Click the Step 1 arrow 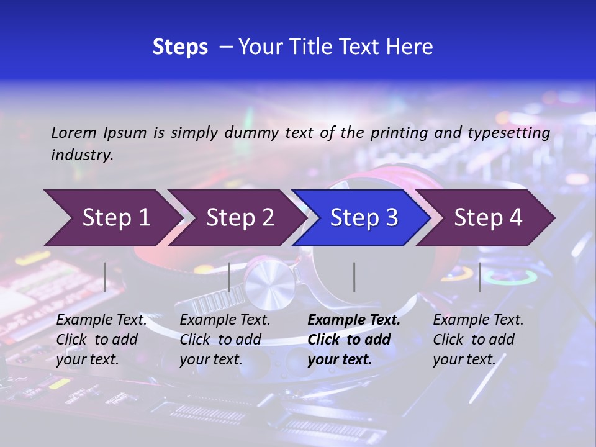click(x=112, y=218)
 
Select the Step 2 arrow click(x=236, y=218)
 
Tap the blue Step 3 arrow click(x=361, y=218)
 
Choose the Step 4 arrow click(x=485, y=218)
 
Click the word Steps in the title click(x=180, y=47)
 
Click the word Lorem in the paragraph click(x=73, y=132)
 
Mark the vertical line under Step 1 click(x=105, y=277)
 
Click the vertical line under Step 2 click(x=229, y=277)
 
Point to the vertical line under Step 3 click(x=354, y=277)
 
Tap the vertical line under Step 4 click(x=479, y=277)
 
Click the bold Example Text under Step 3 click(x=354, y=320)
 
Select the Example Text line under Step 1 click(x=101, y=320)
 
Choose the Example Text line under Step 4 click(x=478, y=320)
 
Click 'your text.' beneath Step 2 click(x=211, y=359)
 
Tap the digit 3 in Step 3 click(x=392, y=218)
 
